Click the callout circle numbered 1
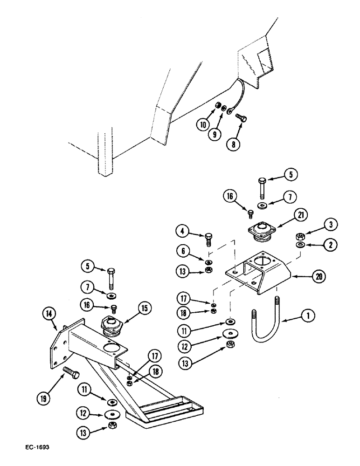point(306,317)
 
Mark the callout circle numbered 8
point(232,144)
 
